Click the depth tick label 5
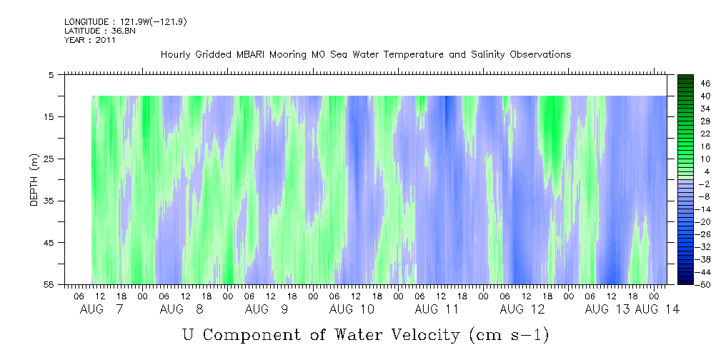tap(51, 74)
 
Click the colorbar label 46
tap(686, 83)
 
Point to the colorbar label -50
tap(685, 285)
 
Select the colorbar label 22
tap(686, 133)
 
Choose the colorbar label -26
tap(685, 234)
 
